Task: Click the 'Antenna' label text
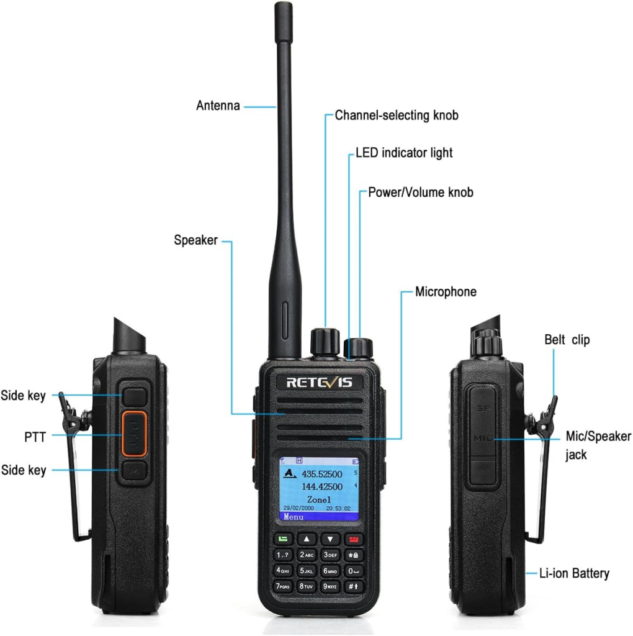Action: [x=218, y=106]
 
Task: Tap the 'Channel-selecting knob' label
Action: [x=397, y=115]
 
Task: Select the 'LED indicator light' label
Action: [x=404, y=152]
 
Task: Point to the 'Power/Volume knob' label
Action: [x=421, y=193]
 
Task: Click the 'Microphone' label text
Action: [x=446, y=292]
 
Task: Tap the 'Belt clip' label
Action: [x=567, y=340]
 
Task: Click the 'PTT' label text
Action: [x=31, y=437]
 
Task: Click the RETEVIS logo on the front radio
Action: [x=319, y=382]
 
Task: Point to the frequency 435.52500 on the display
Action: [x=321, y=474]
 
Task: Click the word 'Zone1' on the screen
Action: [x=320, y=499]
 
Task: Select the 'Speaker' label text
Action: [x=195, y=240]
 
